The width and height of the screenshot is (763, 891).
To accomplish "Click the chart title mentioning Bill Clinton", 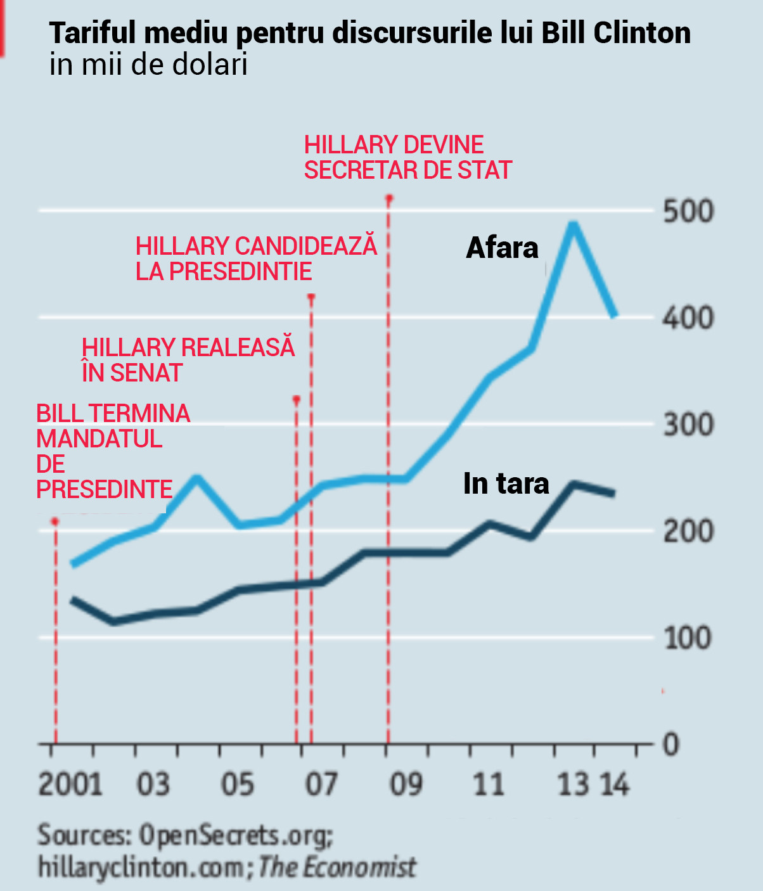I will pos(370,33).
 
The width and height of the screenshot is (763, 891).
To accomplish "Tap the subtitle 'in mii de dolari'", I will pos(148,65).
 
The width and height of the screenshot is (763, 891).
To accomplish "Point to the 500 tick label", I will pos(688,211).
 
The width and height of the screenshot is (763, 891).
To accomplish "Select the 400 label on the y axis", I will pos(688,317).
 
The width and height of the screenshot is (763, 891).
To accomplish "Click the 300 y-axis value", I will pos(688,424).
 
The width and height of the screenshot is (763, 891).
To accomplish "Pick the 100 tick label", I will pos(688,638).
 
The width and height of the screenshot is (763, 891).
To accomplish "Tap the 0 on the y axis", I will pos(672,744).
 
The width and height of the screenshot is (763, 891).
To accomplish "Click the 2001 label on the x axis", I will pos(70,785).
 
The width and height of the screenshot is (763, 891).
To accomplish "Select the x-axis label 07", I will pos(321,785).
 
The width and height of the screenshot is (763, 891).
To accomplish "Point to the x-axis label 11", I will pos(489,785).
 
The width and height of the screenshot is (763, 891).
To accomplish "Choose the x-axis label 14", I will pos(614,785).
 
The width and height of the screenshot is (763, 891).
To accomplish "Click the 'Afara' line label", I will pos(502,248).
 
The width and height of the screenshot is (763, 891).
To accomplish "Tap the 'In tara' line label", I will pos(506,484).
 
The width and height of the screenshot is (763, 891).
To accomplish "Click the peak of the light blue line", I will pos(573,224).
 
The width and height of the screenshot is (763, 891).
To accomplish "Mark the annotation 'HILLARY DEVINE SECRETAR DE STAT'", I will pos(407,157).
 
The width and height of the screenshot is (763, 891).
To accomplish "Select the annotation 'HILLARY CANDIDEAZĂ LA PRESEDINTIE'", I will pos(256,259).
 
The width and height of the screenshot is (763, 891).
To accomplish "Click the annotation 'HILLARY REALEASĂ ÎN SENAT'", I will pos(188,360).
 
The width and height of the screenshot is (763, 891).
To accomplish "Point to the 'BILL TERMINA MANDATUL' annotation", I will pos(113,451).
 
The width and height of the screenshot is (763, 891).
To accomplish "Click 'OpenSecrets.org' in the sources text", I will pos(234,835).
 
